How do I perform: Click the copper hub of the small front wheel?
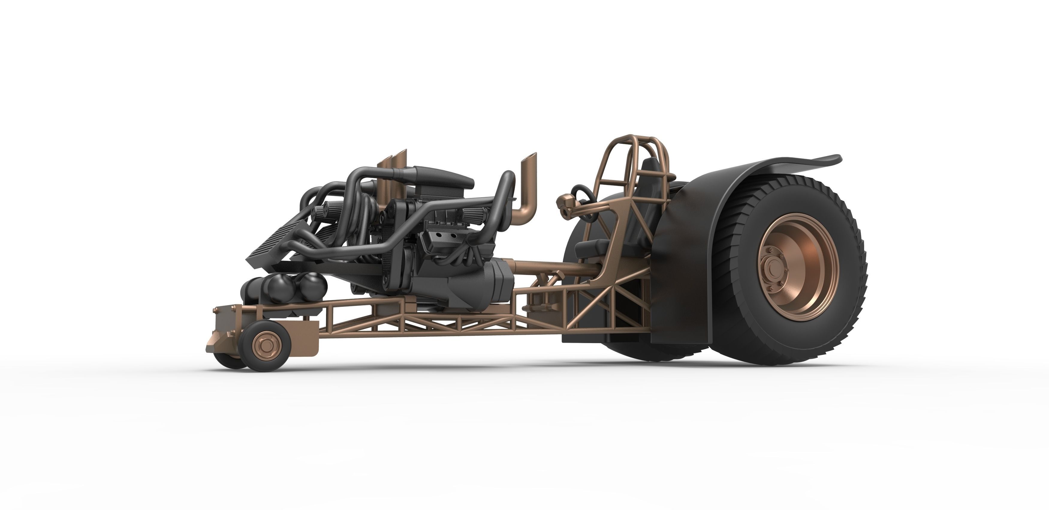[x=265, y=347]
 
